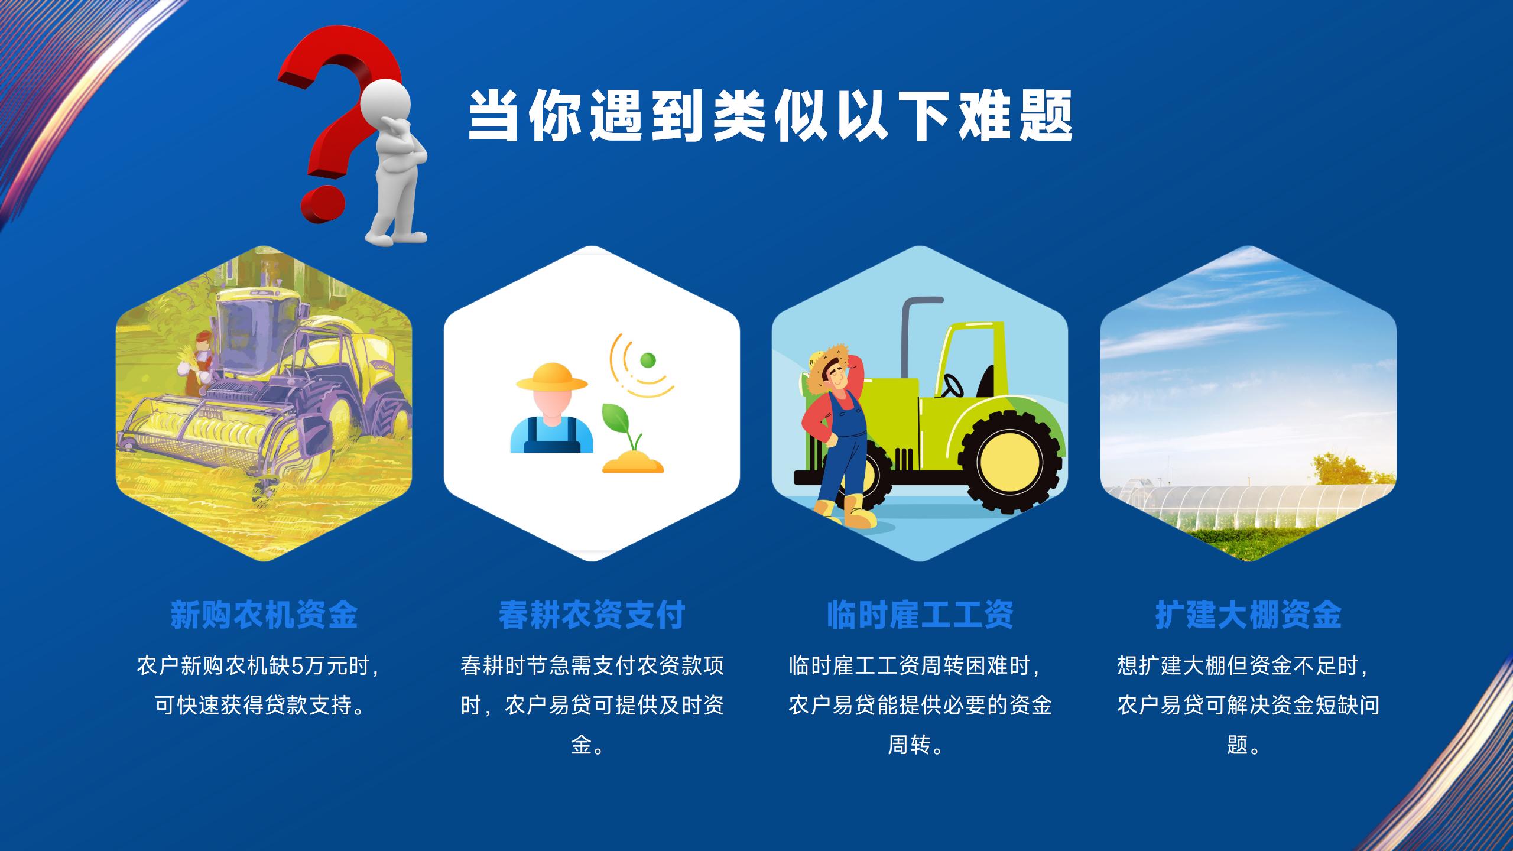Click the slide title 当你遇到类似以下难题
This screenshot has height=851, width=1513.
(x=770, y=116)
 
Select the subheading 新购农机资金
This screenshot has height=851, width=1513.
(x=264, y=615)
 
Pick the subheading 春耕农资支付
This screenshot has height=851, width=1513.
(x=592, y=615)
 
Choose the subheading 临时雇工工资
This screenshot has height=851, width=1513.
(x=920, y=615)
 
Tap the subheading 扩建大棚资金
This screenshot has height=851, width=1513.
(x=1248, y=615)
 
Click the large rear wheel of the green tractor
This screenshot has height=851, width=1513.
(x=1011, y=462)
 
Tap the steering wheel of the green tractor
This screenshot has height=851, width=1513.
(x=952, y=386)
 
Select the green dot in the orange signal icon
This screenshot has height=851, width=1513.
(x=648, y=359)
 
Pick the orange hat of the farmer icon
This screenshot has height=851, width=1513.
(x=551, y=377)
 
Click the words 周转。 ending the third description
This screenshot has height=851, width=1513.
(x=916, y=745)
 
